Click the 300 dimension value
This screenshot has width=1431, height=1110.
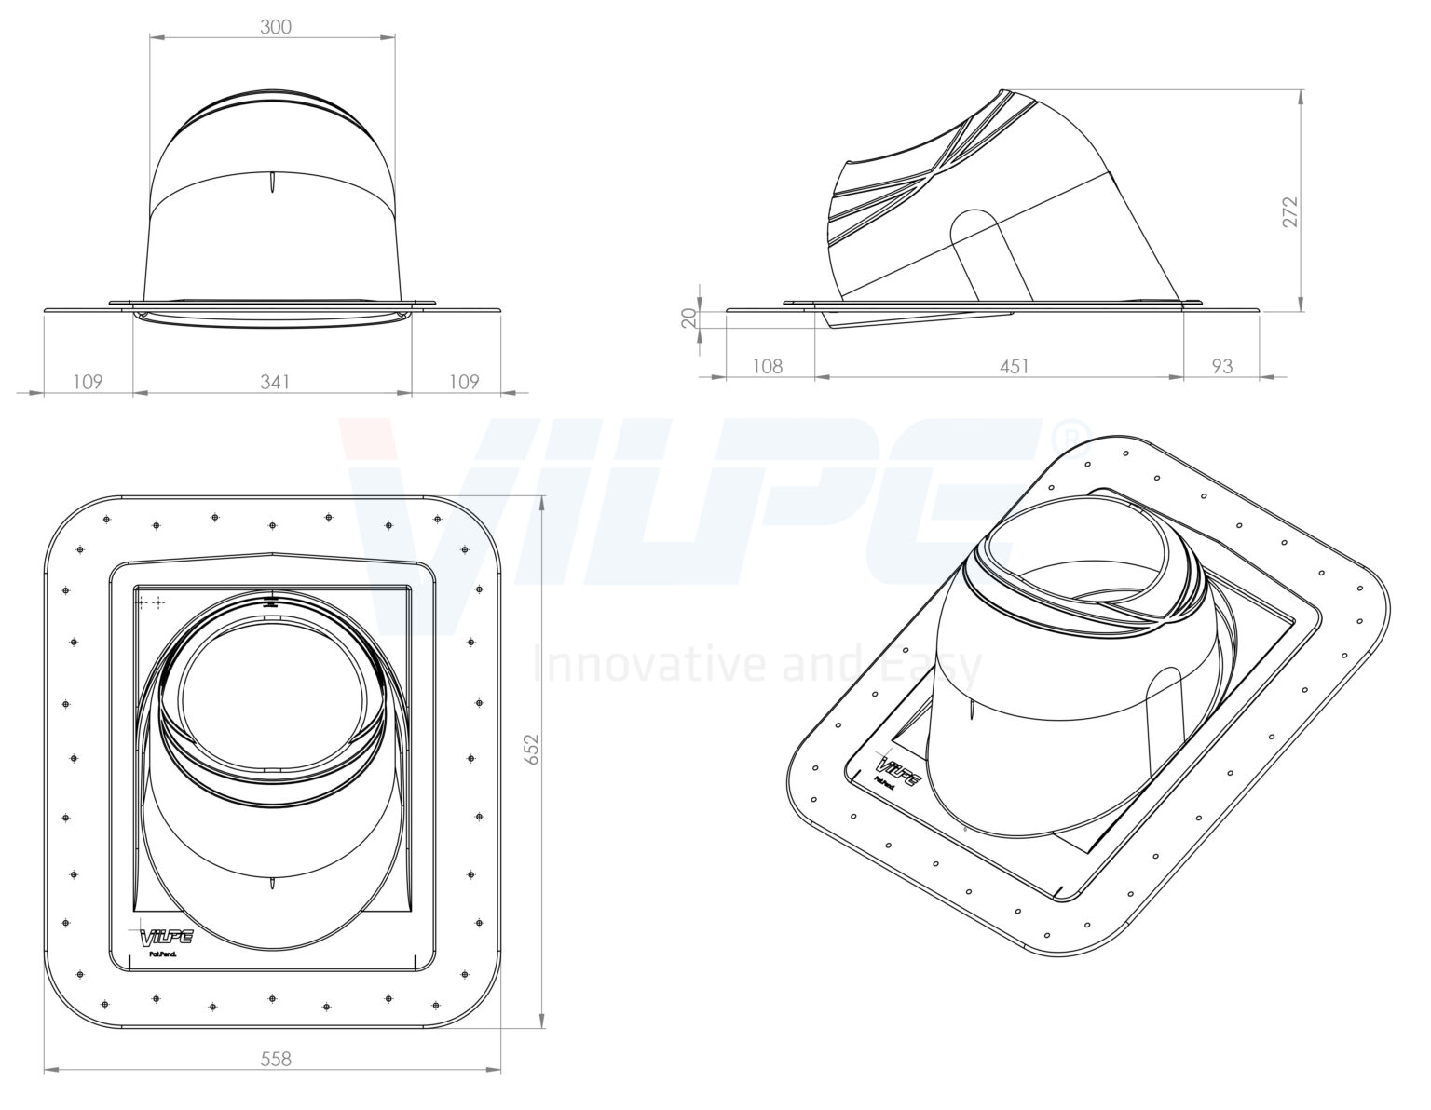point(275,27)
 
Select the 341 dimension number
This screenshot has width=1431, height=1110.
point(275,382)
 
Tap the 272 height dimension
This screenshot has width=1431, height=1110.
point(1290,212)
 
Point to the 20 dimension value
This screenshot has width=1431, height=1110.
point(688,318)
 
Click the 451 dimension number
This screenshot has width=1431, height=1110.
point(1015,367)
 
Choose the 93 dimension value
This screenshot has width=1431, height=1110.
point(1222,367)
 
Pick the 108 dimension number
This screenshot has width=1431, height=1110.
point(767,367)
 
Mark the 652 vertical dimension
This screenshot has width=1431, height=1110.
point(532,750)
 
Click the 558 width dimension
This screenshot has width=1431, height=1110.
point(275,1059)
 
